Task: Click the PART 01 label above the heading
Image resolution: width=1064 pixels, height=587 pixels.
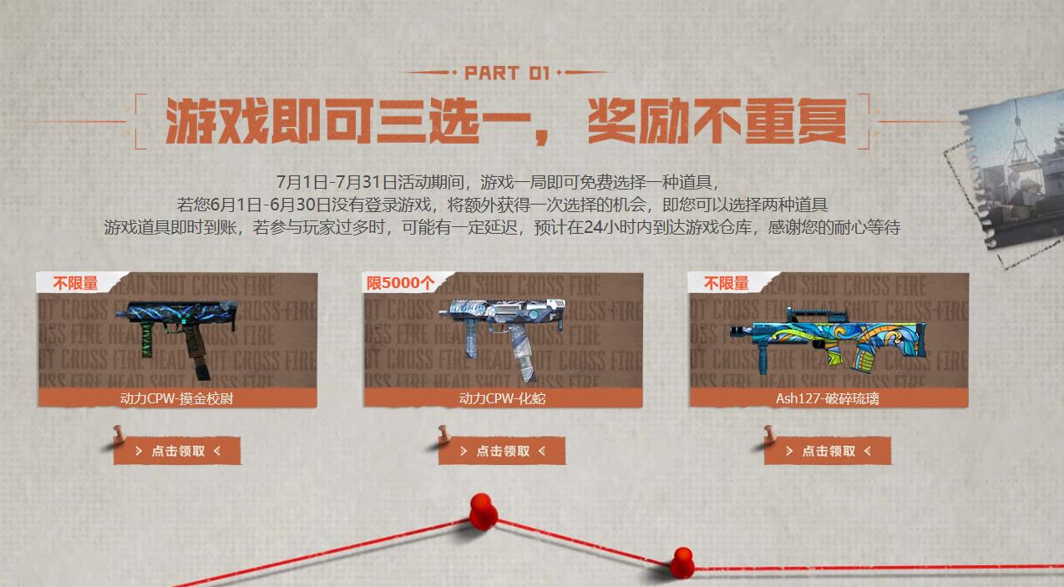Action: point(507,73)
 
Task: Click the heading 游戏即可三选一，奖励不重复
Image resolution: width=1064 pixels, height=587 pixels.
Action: point(505,122)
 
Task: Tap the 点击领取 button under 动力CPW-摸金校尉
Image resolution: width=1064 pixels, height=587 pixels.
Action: point(177,451)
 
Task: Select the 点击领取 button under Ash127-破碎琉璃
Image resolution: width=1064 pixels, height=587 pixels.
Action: point(828,451)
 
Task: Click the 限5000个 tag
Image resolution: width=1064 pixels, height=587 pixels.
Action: point(400,283)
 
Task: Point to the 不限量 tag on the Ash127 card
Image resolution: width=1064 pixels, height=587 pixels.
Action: point(726,283)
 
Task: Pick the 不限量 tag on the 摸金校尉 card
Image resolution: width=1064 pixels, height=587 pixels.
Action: point(75,283)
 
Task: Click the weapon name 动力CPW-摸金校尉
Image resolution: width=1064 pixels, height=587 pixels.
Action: point(176,398)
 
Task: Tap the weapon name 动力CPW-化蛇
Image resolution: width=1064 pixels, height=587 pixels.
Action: point(502,398)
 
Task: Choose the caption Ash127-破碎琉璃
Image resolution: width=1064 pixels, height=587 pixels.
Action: point(827,398)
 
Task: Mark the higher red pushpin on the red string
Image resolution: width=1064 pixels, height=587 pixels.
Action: point(482,509)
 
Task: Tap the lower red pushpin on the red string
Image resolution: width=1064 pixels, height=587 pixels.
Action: point(682,560)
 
